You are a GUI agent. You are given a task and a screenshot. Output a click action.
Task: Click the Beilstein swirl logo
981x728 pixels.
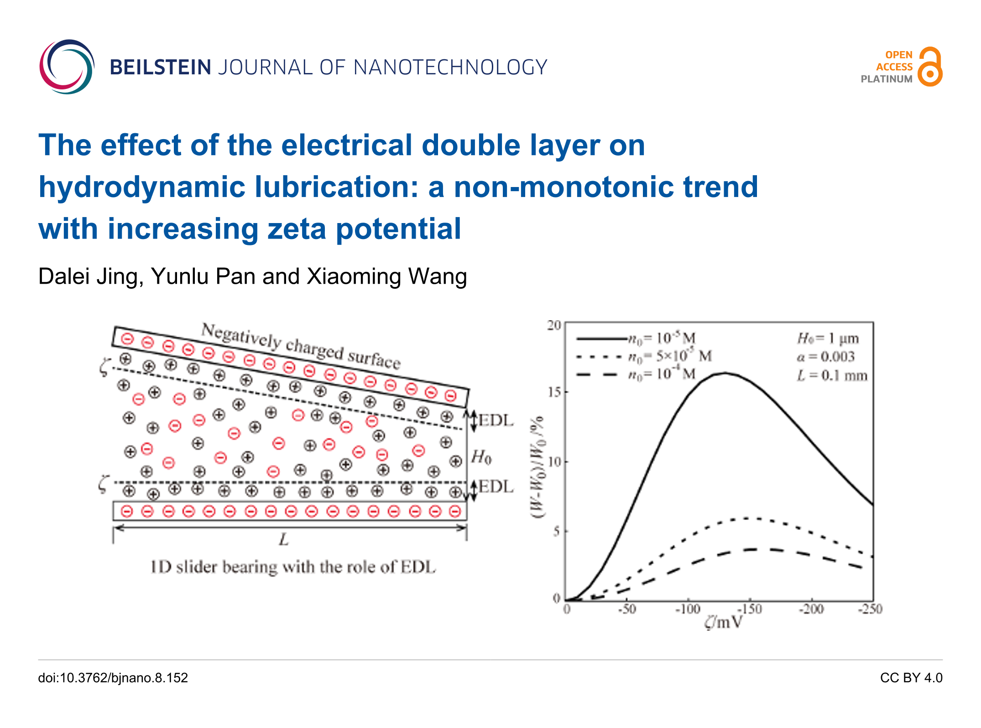pyautogui.click(x=67, y=67)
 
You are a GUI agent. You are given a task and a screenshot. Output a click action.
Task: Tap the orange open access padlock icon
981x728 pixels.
pyautogui.click(x=930, y=67)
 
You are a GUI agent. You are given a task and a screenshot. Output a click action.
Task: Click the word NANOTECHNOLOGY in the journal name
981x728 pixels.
pyautogui.click(x=450, y=68)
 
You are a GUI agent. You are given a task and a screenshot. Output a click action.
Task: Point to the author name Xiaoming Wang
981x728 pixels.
pyautogui.click(x=387, y=276)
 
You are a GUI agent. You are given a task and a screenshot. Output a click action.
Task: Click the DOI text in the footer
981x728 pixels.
pyautogui.click(x=113, y=678)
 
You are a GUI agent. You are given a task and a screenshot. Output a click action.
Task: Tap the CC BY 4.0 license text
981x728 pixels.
pyautogui.click(x=911, y=678)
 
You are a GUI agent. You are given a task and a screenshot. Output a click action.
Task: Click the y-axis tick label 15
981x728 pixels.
pyautogui.click(x=554, y=392)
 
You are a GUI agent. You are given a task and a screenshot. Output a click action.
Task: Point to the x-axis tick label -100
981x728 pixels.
pyautogui.click(x=688, y=609)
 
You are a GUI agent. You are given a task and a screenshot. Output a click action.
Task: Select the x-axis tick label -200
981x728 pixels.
pyautogui.click(x=811, y=609)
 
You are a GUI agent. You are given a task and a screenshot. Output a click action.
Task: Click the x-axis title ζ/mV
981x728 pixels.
pyautogui.click(x=724, y=622)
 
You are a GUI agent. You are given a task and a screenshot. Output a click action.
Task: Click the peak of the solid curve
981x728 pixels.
pyautogui.click(x=724, y=373)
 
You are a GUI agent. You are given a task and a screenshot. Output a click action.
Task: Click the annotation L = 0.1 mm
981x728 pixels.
pyautogui.click(x=832, y=376)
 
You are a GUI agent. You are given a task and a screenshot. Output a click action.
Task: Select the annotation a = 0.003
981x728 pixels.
pyautogui.click(x=825, y=357)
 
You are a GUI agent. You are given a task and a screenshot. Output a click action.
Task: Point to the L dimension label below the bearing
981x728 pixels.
pyautogui.click(x=284, y=540)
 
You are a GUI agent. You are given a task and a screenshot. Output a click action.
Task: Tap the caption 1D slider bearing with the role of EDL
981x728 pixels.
pyautogui.click(x=293, y=567)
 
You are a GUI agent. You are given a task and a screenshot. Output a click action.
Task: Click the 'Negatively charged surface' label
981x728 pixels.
pyautogui.click(x=301, y=346)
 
